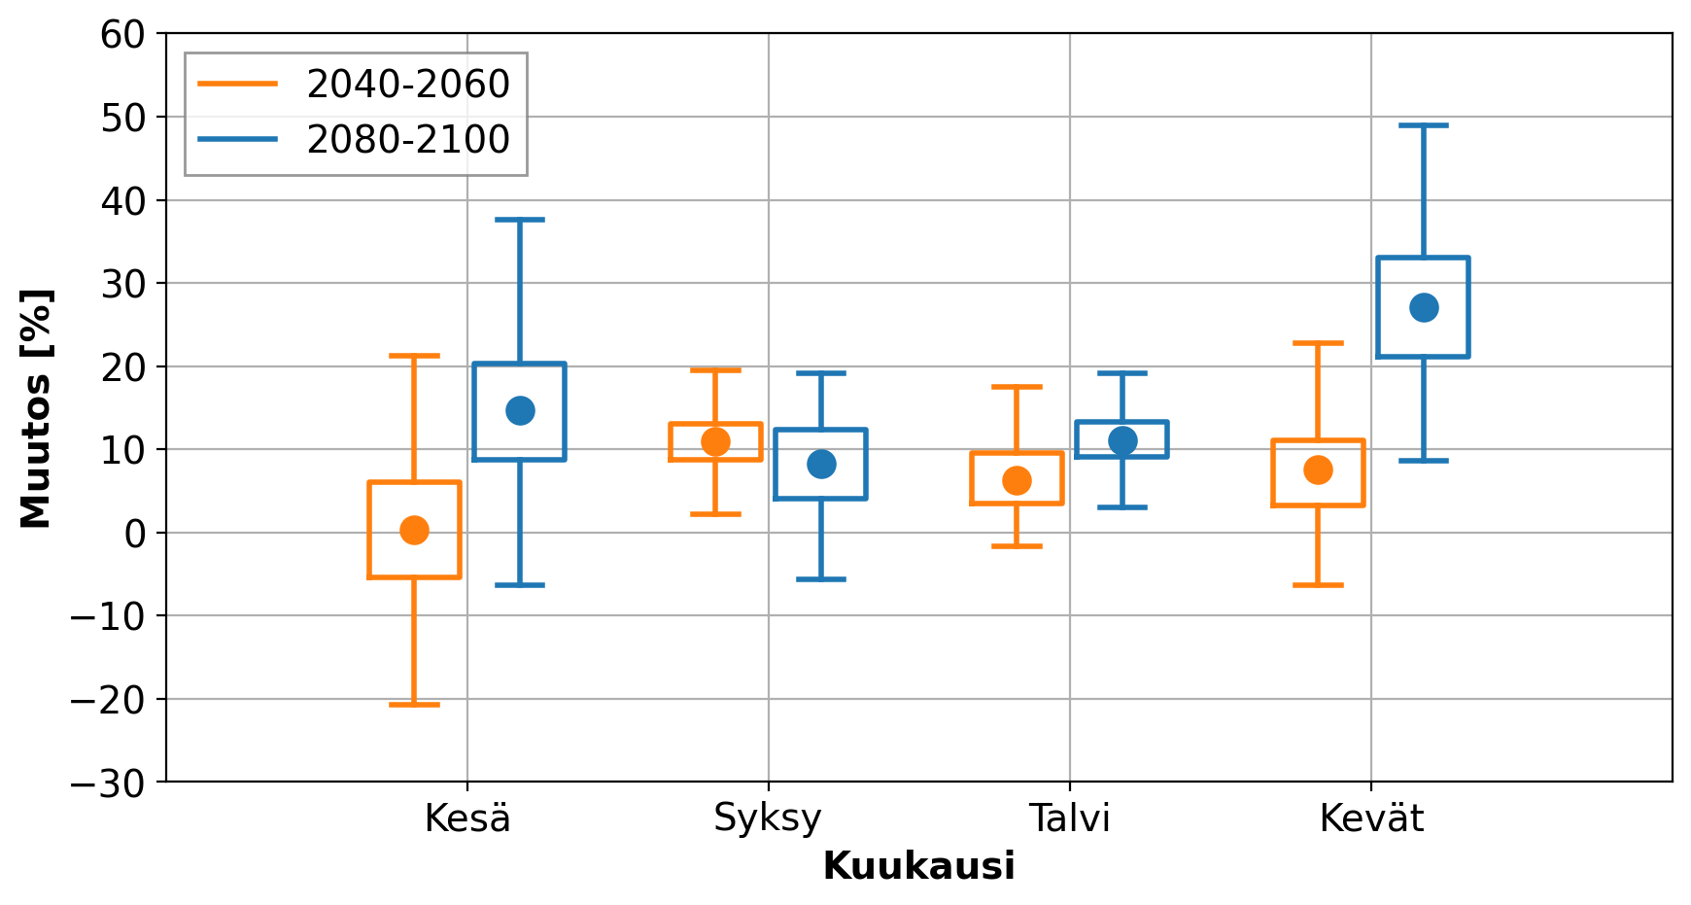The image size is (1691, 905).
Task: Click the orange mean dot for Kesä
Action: click(x=414, y=530)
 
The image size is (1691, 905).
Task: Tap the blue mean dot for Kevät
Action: click(x=1424, y=308)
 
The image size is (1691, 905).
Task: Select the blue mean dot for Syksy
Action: click(x=821, y=464)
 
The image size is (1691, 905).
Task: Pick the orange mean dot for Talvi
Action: click(x=1017, y=480)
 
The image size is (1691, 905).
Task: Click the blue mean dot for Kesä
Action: click(x=520, y=410)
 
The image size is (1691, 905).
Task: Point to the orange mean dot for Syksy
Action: click(x=715, y=441)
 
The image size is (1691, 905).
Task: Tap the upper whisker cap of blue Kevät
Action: click(x=1424, y=125)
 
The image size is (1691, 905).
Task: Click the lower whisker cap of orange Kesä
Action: click(x=414, y=704)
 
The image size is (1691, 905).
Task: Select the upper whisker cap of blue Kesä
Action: click(x=520, y=220)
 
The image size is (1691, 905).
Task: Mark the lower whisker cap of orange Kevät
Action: click(x=1318, y=585)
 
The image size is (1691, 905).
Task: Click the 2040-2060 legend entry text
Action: click(x=408, y=85)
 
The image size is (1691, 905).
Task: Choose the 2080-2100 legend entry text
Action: click(x=408, y=140)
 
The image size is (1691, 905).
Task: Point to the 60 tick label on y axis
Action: click(x=122, y=35)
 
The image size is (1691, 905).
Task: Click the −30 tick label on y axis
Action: click(x=109, y=783)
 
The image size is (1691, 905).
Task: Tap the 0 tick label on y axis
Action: click(x=135, y=533)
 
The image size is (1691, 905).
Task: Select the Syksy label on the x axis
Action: click(x=768, y=818)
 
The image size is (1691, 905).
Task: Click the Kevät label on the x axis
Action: click(x=1370, y=818)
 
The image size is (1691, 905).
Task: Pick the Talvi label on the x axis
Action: click(x=1069, y=818)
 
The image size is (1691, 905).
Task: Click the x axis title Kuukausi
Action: click(x=918, y=866)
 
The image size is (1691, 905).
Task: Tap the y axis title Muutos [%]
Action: click(x=36, y=408)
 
